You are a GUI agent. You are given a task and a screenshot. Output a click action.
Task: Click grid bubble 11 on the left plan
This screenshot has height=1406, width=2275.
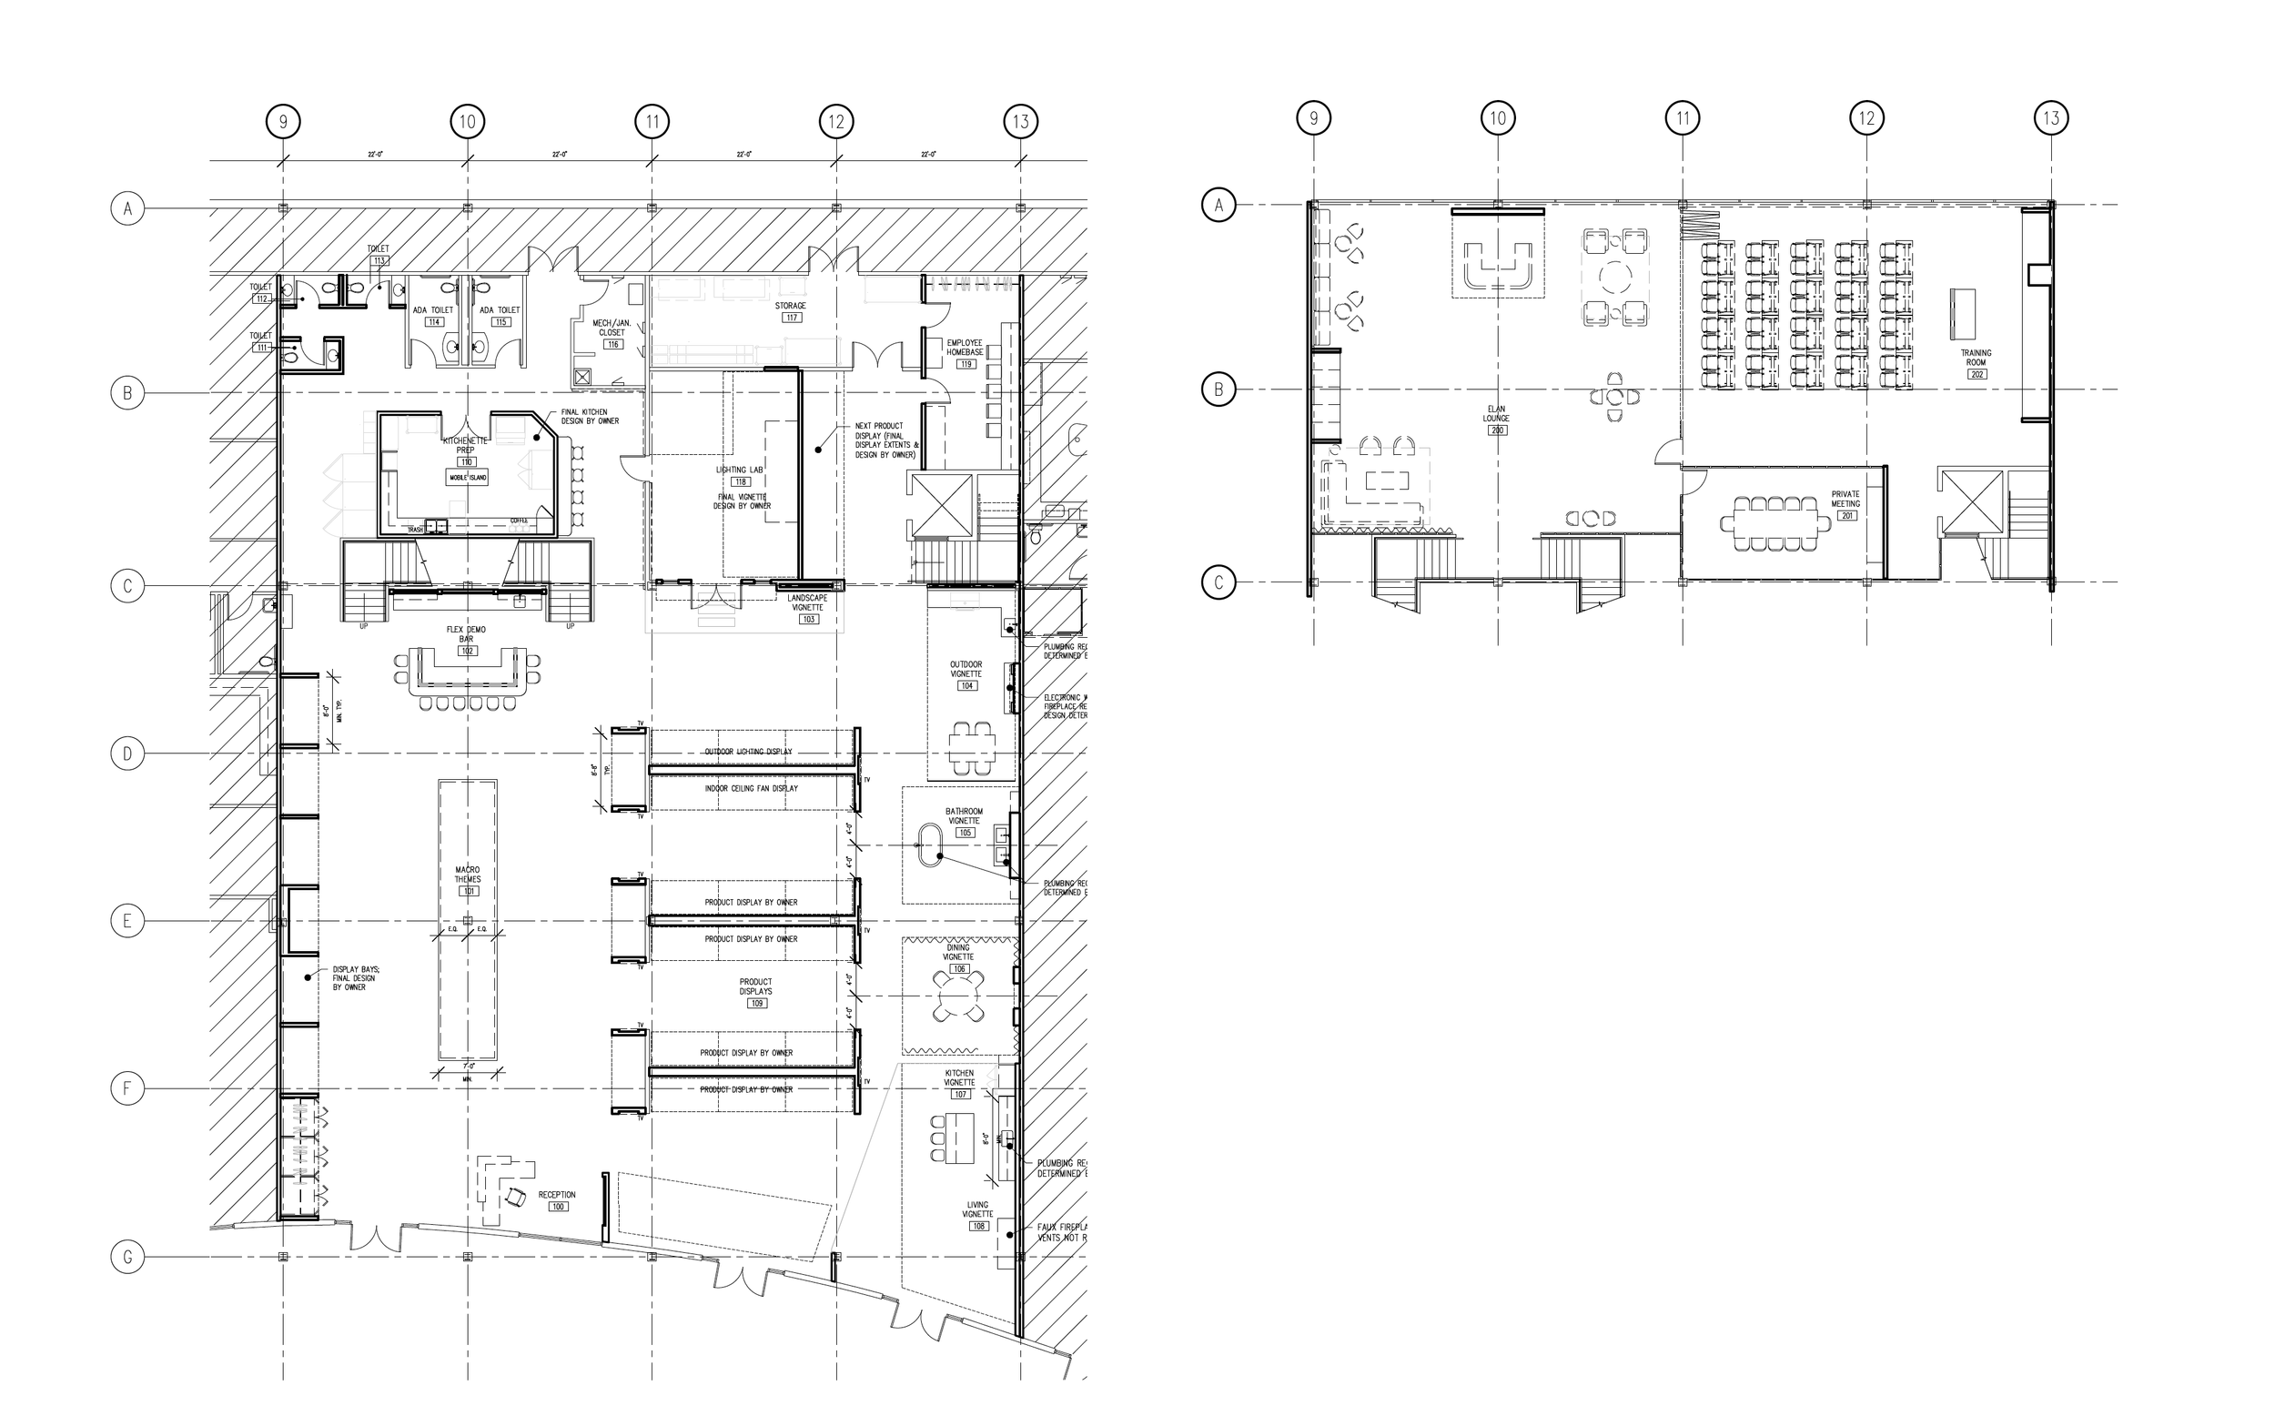coord(652,121)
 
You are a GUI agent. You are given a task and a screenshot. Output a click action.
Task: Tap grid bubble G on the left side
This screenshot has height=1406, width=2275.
coord(127,1258)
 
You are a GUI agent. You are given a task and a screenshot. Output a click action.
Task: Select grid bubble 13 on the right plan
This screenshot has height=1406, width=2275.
coord(2051,118)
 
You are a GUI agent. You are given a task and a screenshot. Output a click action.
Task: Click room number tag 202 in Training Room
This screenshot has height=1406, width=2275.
coord(1977,374)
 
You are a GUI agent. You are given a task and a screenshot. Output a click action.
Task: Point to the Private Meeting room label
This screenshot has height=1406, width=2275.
coord(1845,499)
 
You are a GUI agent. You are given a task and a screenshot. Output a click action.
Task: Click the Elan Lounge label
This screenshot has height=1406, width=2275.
coord(1496,413)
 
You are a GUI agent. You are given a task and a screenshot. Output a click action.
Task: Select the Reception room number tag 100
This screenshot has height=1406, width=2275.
coord(558,1207)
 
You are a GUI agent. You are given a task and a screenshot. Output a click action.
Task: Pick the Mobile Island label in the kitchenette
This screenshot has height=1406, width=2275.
coord(468,477)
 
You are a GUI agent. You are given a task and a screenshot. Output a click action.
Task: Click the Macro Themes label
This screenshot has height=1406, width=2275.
coord(467,875)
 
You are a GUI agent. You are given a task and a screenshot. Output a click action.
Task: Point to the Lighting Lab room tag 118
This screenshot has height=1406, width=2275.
coord(740,481)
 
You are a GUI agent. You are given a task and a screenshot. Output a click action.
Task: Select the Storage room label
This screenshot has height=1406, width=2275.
coord(790,305)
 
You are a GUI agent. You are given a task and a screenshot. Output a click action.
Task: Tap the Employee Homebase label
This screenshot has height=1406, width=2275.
coord(964,347)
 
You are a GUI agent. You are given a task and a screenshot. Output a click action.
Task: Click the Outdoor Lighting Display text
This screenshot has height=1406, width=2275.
coord(748,752)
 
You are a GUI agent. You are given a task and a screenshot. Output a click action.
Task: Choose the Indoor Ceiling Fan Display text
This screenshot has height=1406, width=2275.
coord(752,789)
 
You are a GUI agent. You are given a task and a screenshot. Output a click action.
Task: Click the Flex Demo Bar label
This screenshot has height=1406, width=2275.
coord(467,634)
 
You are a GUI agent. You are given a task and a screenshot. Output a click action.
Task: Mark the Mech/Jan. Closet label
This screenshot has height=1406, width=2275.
coord(612,328)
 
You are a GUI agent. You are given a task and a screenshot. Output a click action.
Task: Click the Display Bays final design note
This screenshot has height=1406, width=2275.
coord(355,978)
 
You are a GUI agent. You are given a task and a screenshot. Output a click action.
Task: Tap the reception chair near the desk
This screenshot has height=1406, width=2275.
coord(516,1199)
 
